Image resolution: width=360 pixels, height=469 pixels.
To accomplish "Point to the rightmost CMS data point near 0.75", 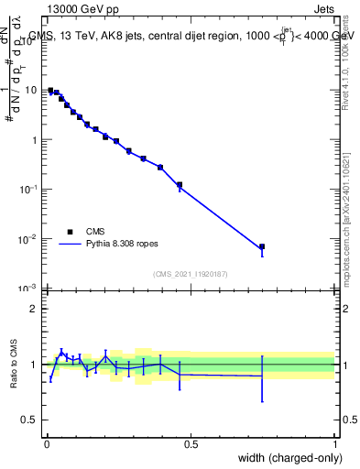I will [262, 246].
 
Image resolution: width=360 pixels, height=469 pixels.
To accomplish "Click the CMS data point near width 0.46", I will [180, 185].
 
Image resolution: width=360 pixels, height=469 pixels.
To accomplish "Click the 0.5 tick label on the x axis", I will [191, 444].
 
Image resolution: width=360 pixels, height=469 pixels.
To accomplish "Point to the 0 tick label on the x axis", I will [47, 444].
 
